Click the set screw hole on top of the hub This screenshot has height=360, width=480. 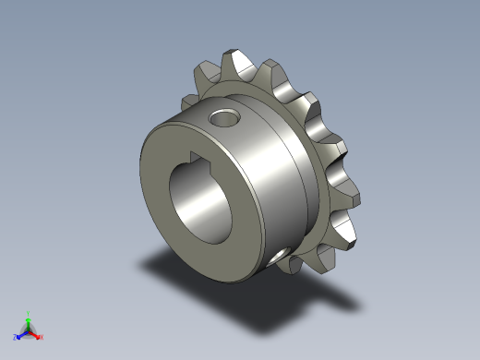[x=222, y=117]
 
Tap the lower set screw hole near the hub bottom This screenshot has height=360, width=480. [x=278, y=250]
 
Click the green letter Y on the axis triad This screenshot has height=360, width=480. [x=29, y=313]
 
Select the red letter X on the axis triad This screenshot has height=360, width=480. [x=42, y=337]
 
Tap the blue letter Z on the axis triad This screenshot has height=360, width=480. [x=15, y=338]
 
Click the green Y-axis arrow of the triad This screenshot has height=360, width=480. [x=29, y=321]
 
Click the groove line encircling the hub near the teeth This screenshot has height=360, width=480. [x=304, y=185]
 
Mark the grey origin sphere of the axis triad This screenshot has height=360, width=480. [x=29, y=330]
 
